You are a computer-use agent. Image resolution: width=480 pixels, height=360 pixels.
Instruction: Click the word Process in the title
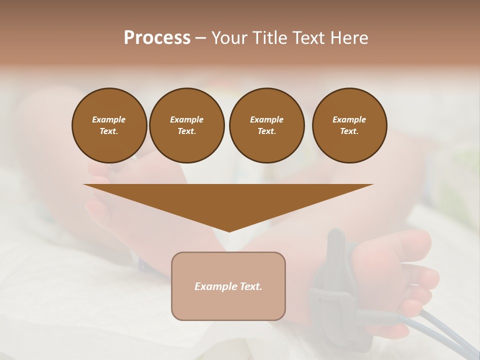pos(157,38)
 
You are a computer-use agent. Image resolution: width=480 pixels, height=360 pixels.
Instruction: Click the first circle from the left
pos(109,125)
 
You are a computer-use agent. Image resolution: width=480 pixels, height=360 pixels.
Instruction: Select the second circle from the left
pos(186,125)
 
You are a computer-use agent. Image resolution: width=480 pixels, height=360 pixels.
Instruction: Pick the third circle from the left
pos(266,125)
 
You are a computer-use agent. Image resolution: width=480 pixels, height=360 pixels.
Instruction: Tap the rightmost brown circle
pos(349,125)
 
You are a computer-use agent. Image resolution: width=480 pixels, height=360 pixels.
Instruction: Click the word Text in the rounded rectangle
pos(251,286)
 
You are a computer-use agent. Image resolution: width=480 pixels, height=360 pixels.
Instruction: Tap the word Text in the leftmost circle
pos(109,131)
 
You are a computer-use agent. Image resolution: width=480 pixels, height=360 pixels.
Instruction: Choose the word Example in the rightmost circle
pos(349,119)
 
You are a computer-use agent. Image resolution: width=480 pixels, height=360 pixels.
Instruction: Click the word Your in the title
pos(229,38)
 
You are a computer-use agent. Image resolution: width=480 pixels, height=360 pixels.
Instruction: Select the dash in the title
pos(201,38)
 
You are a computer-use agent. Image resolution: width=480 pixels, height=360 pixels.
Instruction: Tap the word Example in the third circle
pos(266,119)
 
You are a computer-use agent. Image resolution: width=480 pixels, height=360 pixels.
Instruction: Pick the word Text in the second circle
pos(186,131)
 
